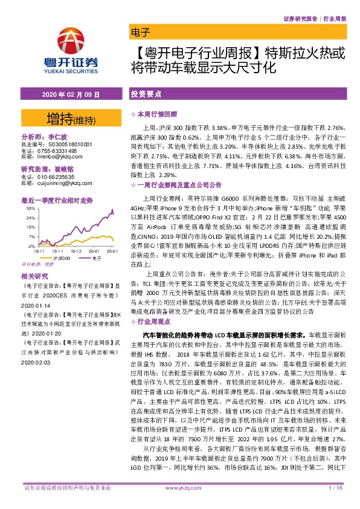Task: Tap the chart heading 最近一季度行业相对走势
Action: point(57,199)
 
